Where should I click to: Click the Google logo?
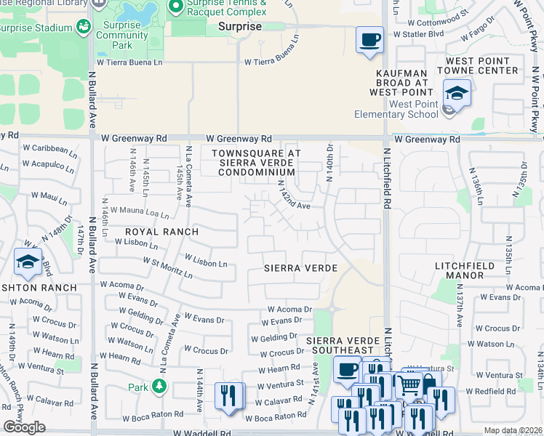tap(24, 427)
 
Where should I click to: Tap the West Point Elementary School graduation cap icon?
tap(457, 93)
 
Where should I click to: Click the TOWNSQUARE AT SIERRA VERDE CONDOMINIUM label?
tap(253, 163)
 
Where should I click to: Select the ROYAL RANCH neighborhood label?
tap(161, 232)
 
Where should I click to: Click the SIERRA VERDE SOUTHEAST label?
tap(343, 346)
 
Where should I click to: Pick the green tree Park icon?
tap(159, 385)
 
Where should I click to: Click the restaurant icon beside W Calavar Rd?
tap(228, 396)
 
